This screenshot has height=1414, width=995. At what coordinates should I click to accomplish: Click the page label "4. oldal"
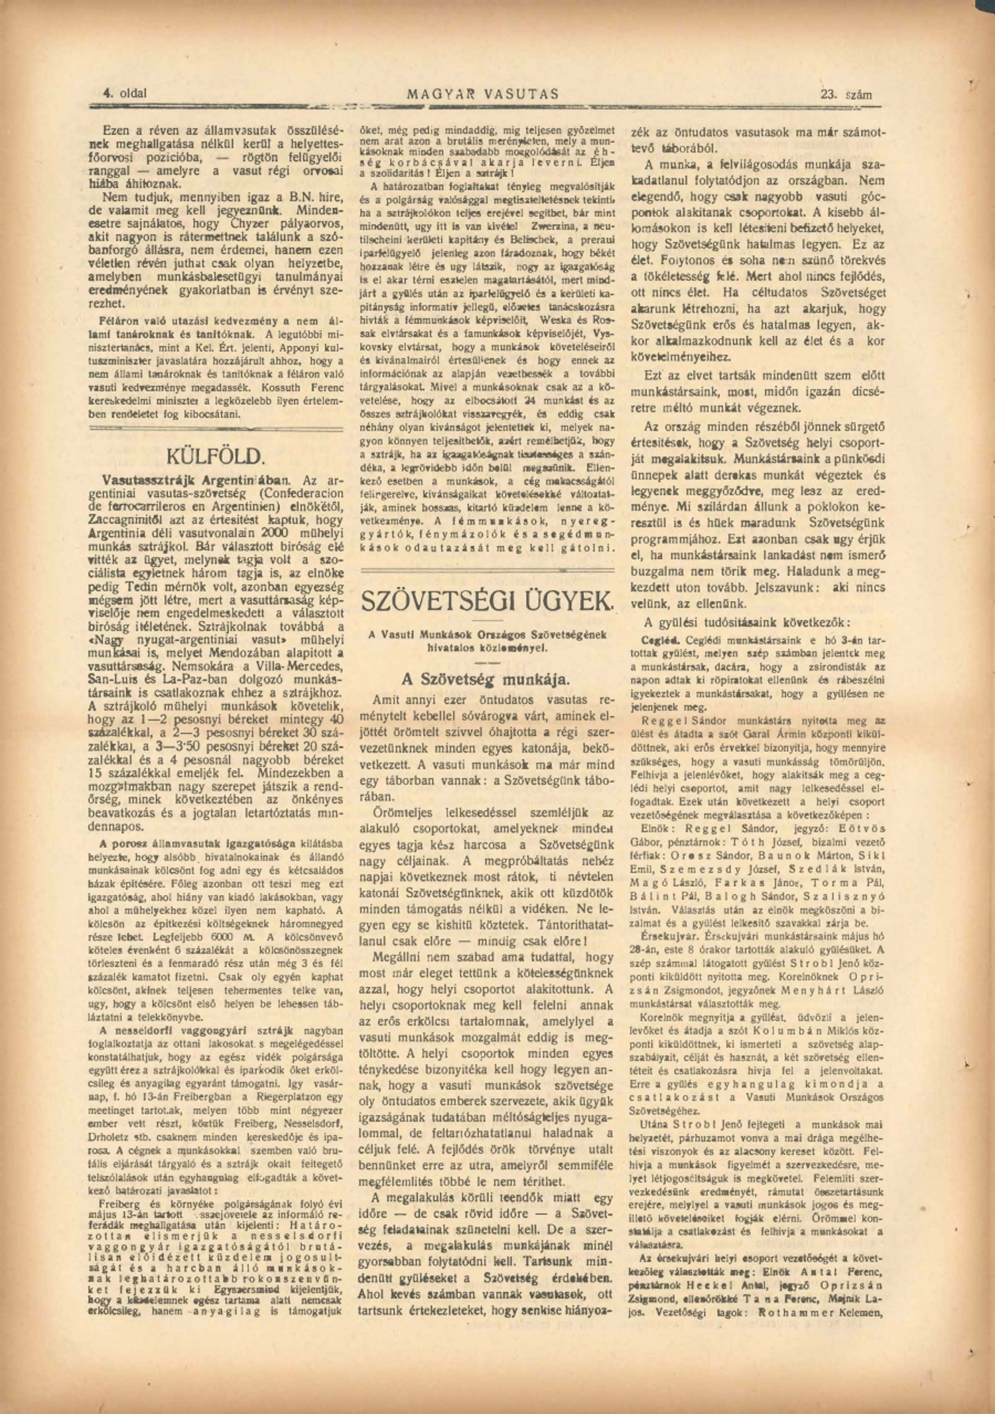(x=124, y=94)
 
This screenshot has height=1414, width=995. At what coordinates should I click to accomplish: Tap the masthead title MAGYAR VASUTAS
(x=483, y=94)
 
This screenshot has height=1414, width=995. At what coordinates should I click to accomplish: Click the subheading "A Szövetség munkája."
(x=486, y=679)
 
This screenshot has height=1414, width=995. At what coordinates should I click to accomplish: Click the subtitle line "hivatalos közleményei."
(x=487, y=646)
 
